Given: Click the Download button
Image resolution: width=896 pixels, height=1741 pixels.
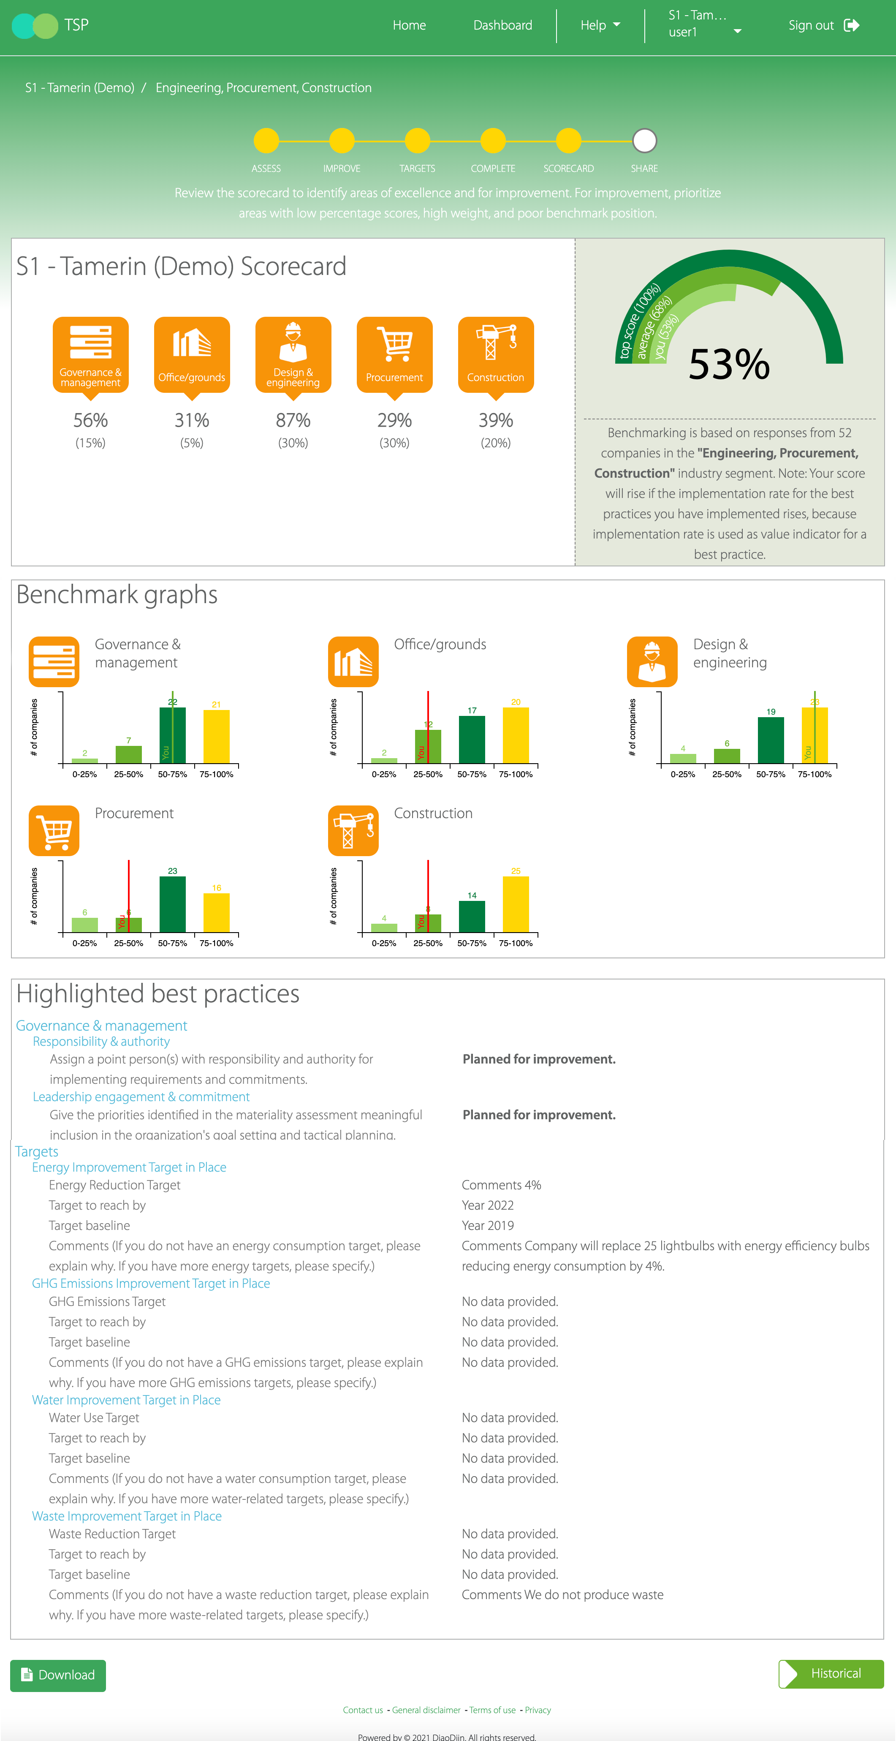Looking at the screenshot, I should (x=58, y=1675).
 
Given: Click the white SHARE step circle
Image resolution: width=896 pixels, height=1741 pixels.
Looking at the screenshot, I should (x=644, y=141).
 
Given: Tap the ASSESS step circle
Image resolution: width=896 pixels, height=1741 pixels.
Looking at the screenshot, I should (x=266, y=141).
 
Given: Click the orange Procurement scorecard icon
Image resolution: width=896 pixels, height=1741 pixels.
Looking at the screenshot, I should (x=395, y=354).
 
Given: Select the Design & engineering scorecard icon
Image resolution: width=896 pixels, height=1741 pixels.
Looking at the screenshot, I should (x=293, y=354).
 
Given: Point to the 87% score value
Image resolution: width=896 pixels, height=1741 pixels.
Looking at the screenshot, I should (x=293, y=420).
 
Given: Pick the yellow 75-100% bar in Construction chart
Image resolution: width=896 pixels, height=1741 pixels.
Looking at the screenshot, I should (x=516, y=903).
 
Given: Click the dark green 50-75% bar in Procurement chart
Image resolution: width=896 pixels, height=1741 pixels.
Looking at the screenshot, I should (x=172, y=903).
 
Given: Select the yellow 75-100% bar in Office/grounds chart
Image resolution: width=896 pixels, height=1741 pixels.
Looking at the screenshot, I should (x=516, y=735).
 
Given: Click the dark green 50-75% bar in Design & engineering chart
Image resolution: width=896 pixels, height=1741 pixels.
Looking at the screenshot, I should (x=770, y=740).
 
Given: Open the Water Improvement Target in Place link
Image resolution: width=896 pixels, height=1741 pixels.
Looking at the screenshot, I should (x=126, y=1400).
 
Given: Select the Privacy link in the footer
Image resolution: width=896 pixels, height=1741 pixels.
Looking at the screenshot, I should (x=538, y=1710).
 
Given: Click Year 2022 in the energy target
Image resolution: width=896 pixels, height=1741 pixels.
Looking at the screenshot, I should (x=487, y=1205).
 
